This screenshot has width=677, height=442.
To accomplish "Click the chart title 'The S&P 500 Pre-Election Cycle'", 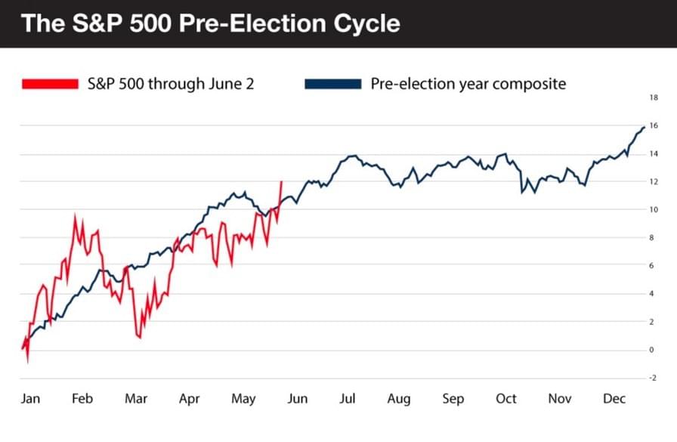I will click(210, 23).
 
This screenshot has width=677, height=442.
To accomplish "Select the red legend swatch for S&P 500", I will click(50, 84).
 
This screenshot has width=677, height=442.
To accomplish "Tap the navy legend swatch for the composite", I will click(332, 84).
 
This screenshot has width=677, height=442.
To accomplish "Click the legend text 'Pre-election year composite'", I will click(468, 84).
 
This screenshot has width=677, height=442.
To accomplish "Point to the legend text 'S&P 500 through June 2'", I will click(169, 84).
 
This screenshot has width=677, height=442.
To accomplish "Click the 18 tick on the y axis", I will click(653, 97).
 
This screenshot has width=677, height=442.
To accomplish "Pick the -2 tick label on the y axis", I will click(653, 378).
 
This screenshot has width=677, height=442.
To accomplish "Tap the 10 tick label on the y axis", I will click(653, 209).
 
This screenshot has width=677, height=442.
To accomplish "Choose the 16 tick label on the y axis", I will click(653, 125).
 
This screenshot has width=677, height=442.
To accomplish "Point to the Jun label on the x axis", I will click(297, 398).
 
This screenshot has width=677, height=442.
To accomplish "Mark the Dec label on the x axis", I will click(614, 398).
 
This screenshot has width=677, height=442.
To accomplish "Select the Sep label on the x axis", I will click(453, 398).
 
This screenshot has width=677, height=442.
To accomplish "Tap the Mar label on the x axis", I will click(136, 398).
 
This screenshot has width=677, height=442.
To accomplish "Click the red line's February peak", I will click(74, 215).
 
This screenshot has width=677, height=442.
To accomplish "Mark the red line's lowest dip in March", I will click(140, 337).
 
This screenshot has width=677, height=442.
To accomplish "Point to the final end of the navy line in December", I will click(643, 127).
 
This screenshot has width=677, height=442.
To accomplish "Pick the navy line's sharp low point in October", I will click(521, 193).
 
